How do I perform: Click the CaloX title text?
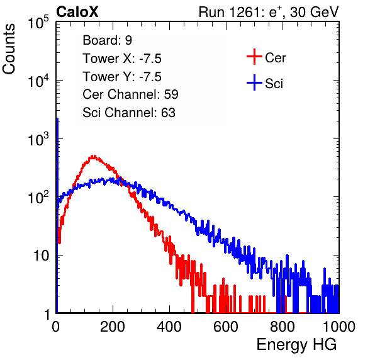77,12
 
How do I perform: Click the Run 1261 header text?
269,12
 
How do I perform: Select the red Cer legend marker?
254,57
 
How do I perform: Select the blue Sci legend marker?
254,82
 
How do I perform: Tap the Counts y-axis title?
9,49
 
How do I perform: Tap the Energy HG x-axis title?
296,345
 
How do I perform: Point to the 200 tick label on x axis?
113,327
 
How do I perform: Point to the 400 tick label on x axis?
169,327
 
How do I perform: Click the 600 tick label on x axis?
226,327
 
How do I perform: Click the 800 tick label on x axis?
283,327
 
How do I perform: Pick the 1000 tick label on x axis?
339,327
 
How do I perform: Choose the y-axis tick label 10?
41,256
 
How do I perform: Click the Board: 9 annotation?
108,40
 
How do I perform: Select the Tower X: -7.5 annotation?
122,59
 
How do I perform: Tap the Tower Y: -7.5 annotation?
122,77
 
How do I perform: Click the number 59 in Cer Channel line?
171,94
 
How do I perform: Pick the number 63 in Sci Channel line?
168,113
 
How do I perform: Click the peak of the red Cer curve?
94,157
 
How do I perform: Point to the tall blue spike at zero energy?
57,215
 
